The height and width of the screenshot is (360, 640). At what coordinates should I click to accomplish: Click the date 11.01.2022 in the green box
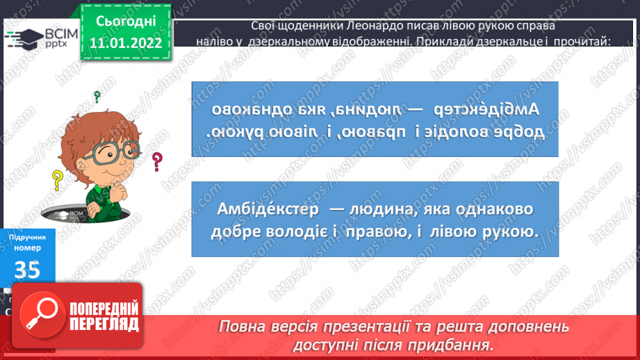coord(125,44)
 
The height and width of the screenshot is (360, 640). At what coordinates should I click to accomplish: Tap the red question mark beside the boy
coord(158,162)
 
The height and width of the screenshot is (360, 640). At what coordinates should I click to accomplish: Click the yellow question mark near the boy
coord(58,181)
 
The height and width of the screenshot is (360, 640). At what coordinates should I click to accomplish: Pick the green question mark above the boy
coord(97,97)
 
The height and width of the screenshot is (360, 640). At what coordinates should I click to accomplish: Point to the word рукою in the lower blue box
coord(509,231)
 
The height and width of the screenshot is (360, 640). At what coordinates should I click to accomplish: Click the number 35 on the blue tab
coord(27,270)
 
